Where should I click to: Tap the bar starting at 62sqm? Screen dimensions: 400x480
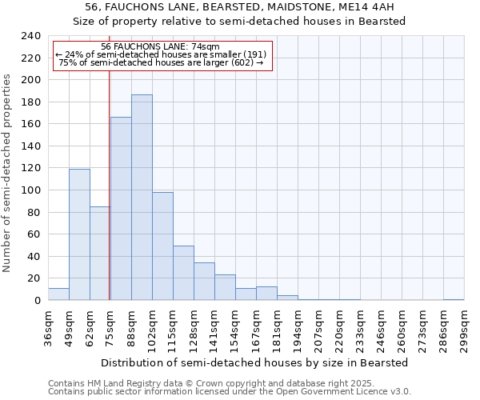[100, 253]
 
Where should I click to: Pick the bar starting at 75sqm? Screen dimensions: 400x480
[121, 208]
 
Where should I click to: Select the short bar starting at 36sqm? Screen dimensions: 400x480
[58, 294]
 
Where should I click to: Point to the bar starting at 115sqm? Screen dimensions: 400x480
[183, 273]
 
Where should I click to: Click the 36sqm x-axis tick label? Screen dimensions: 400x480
[48, 326]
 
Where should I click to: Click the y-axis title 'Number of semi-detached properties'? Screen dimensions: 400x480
[7, 173]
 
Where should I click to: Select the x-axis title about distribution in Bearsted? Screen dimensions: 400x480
[255, 362]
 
